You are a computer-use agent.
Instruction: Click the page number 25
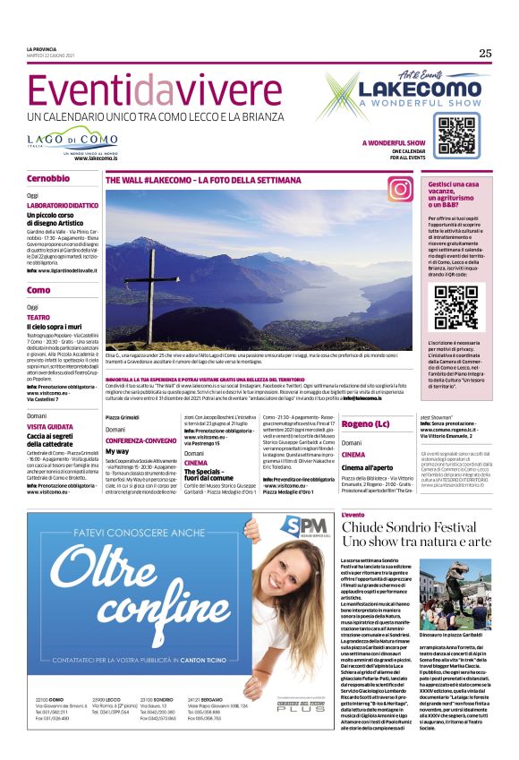click(485, 53)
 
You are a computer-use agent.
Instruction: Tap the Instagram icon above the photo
click(399, 188)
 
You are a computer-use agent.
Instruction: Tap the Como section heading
click(38, 291)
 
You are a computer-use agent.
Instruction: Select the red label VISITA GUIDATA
click(51, 427)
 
